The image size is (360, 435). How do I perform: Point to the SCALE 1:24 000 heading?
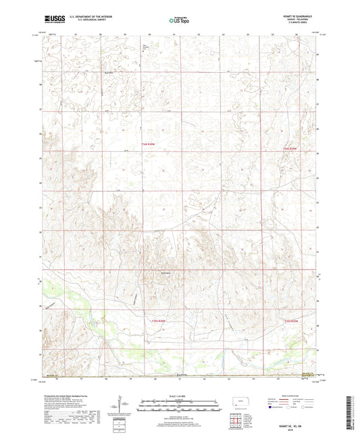pyautogui.click(x=179, y=395)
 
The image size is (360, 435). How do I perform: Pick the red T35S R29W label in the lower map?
pyautogui.click(x=291, y=320)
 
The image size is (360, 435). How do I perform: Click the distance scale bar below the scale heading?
pyautogui.click(x=179, y=403)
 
